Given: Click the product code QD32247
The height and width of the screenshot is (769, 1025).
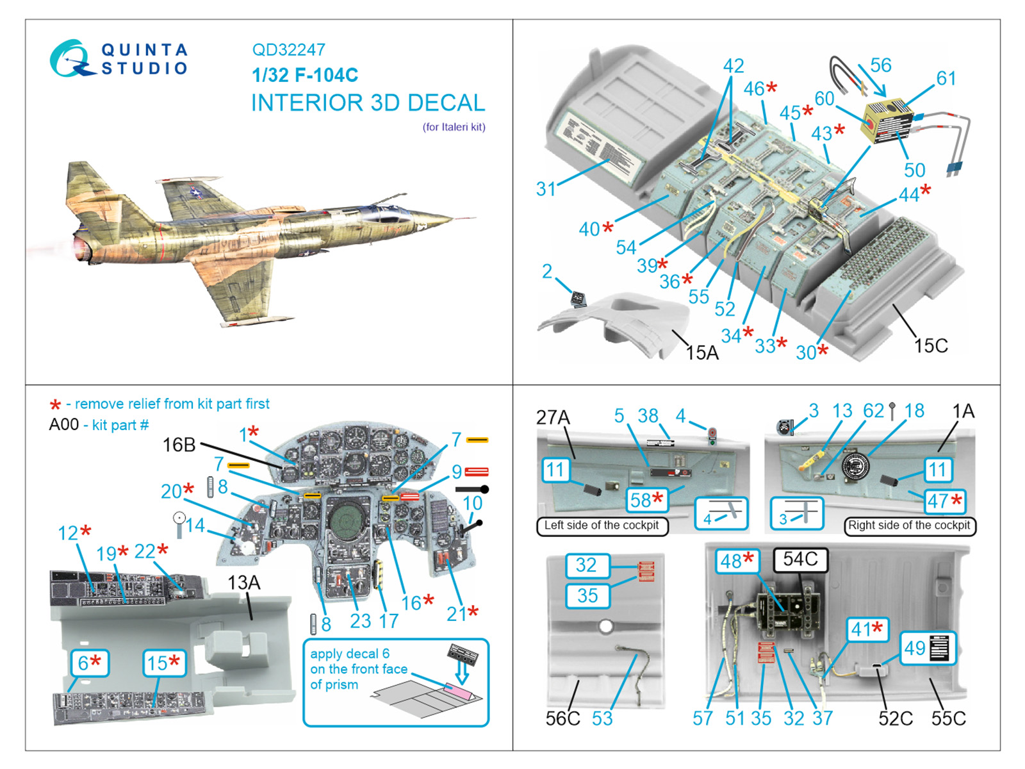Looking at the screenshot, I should [x=288, y=50].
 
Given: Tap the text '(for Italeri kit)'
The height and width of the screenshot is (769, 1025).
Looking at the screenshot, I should [x=454, y=127].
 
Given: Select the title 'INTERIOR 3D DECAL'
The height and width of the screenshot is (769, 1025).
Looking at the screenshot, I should [x=368, y=103].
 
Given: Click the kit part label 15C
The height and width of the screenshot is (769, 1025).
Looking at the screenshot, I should [x=930, y=346].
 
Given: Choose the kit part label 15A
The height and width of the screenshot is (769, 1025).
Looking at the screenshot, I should [x=702, y=352].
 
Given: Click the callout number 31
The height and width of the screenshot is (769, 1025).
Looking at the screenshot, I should [x=546, y=188].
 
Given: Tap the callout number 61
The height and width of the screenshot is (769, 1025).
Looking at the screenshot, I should [x=946, y=78].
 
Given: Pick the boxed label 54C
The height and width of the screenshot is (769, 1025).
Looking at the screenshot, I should [x=800, y=559].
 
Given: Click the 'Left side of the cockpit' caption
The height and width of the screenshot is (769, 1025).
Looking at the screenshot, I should [x=602, y=525].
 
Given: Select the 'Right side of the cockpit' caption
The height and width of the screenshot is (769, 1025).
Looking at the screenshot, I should [x=909, y=525].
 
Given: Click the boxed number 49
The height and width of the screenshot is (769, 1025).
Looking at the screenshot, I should [x=915, y=648].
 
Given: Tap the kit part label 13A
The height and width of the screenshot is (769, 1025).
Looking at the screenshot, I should [x=244, y=583].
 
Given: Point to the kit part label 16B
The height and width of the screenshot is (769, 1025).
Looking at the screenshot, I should [x=179, y=445].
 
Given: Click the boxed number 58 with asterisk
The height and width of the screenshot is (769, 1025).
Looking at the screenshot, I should [x=646, y=500].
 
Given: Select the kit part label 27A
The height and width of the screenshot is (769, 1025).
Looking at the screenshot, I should [x=552, y=418].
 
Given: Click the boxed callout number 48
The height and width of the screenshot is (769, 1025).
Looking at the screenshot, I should [x=736, y=561].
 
